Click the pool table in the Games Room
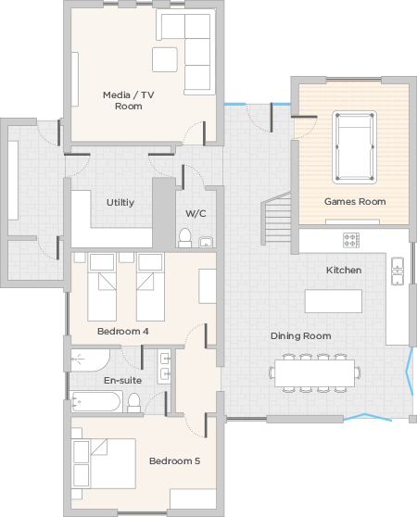click(x=354, y=147)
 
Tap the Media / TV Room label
click(x=129, y=101)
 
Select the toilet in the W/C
click(x=185, y=238)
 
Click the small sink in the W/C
click(x=206, y=242)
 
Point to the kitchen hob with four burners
click(x=351, y=240)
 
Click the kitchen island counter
click(x=334, y=301)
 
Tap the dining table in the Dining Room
click(x=315, y=372)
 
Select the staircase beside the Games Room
click(x=276, y=218)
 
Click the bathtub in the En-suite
click(x=96, y=401)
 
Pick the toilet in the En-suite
click(x=133, y=403)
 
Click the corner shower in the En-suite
click(x=90, y=360)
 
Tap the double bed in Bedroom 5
click(x=104, y=463)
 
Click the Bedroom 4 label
click(x=123, y=331)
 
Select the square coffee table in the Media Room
click(x=165, y=59)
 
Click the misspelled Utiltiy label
click(x=120, y=203)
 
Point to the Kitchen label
click(x=344, y=270)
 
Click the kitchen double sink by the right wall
click(x=398, y=271)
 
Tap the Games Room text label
click(x=355, y=201)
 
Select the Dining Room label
click(x=301, y=336)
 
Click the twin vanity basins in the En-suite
click(x=164, y=366)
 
